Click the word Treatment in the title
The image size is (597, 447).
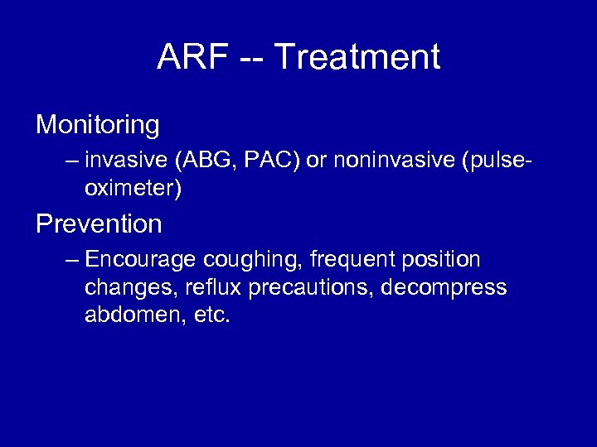(x=357, y=58)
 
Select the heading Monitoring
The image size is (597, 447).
(x=98, y=126)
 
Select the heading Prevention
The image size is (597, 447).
(x=99, y=224)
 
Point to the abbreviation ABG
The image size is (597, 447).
(x=194, y=161)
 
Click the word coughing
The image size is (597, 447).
(x=253, y=261)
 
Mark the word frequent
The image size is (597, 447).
(x=353, y=261)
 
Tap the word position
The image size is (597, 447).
(x=440, y=261)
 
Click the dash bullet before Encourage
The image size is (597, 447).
(x=70, y=261)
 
